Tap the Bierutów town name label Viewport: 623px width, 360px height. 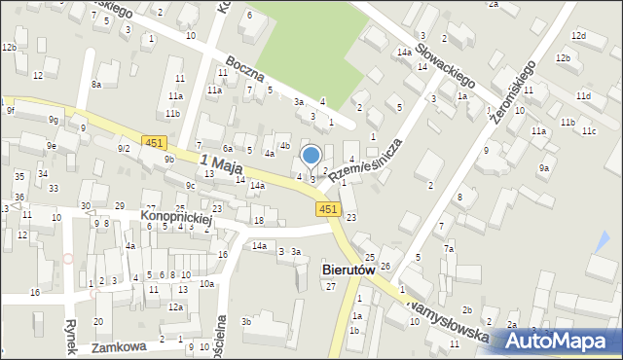(x=348, y=270)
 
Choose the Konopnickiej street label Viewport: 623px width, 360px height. (x=175, y=216)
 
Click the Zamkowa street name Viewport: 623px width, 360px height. (x=119, y=346)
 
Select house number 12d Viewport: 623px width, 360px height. (x=578, y=36)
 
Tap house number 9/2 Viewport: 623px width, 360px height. (x=124, y=148)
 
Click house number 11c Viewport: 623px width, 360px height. (x=588, y=130)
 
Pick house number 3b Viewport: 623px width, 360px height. (x=246, y=321)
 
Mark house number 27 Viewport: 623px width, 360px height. (x=331, y=286)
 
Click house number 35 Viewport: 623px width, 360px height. (x=19, y=176)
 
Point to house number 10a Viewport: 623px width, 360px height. (x=206, y=284)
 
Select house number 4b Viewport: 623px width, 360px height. (x=284, y=146)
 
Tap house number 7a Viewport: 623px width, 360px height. (x=449, y=249)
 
